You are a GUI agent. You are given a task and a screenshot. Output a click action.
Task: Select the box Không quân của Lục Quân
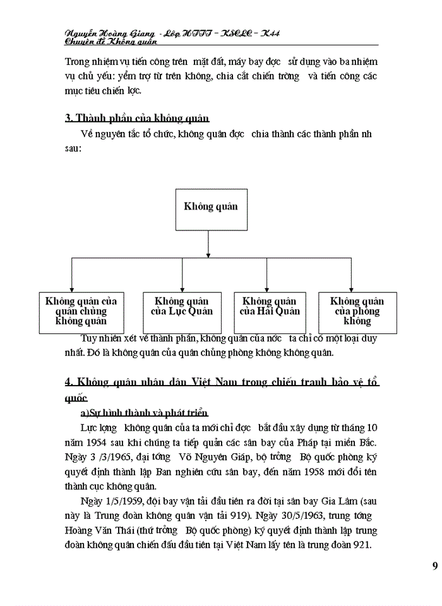182,307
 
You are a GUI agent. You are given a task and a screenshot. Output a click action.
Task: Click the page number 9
435,565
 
